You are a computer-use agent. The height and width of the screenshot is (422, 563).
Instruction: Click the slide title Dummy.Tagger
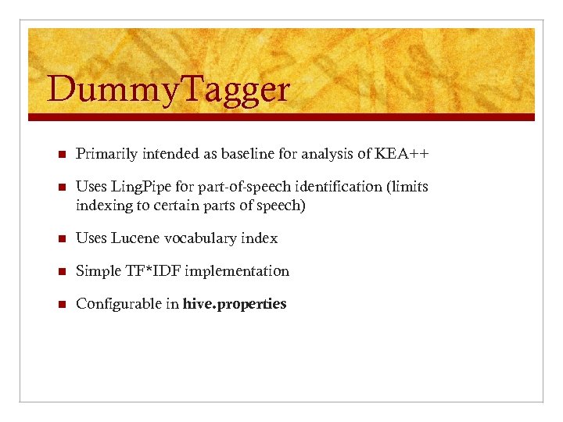[x=168, y=90]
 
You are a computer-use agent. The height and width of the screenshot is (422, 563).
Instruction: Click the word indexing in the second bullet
[x=102, y=206]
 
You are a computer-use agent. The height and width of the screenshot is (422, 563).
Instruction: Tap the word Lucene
[x=138, y=238]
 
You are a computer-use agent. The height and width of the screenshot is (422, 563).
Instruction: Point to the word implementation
[x=238, y=271]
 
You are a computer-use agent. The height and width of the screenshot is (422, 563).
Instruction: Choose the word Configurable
[x=119, y=304]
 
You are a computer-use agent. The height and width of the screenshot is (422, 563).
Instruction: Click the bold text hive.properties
[x=235, y=304]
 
